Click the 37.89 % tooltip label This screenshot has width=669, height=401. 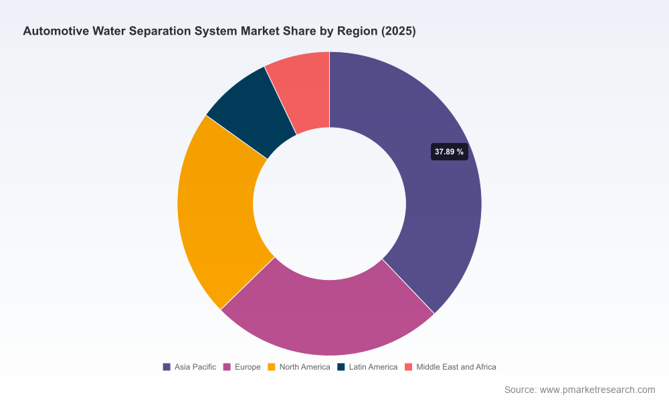click(450, 152)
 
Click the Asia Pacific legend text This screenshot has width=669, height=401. click(195, 367)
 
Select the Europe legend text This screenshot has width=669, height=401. click(248, 367)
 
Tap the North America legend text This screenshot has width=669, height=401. click(304, 367)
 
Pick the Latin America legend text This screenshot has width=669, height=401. click(373, 367)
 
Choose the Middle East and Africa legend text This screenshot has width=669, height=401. click(456, 367)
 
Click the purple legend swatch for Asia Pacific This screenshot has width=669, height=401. click(167, 367)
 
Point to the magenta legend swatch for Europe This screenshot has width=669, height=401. click(227, 367)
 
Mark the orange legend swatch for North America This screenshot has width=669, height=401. click(272, 367)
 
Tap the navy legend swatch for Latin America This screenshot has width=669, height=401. click(341, 367)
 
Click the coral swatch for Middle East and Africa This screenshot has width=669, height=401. click(408, 367)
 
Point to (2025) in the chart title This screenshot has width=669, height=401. click(399, 31)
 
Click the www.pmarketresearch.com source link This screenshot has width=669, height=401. click(597, 390)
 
